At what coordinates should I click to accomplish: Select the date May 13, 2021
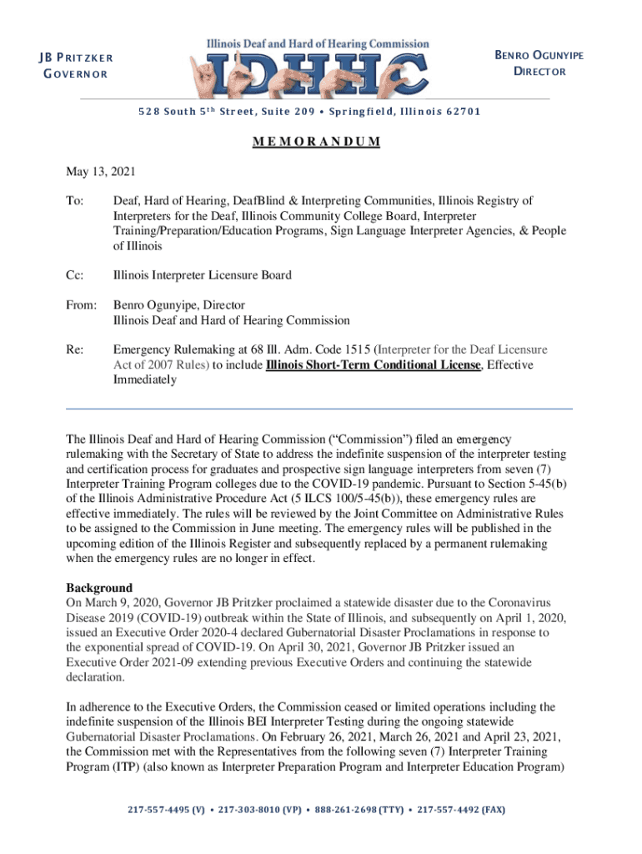point(101,172)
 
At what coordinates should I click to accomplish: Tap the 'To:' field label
point(75,201)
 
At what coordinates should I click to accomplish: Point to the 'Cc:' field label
point(75,275)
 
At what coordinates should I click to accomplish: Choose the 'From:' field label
point(81,305)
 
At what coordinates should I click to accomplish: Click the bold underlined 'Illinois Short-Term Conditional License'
point(373,365)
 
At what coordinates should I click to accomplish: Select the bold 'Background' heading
point(99,588)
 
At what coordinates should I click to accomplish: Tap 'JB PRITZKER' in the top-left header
point(74,58)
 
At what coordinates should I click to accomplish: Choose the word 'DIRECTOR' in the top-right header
point(539,72)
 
